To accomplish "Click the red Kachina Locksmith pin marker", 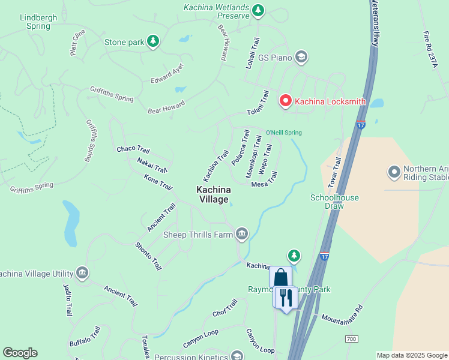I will pos(286,101).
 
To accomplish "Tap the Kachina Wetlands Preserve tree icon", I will pos(258,10).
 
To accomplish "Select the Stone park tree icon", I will pos(154,41).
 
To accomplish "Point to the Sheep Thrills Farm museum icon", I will pos(242,234).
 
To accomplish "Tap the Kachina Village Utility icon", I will pos(82,274).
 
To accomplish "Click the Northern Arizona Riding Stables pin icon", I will pos(394,173).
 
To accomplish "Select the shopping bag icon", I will pos(280,277).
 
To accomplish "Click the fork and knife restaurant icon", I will pos(286,296).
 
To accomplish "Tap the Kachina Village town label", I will pos(212,194).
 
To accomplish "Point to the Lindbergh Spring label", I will pos(38,22).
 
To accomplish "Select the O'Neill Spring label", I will pos(283,133).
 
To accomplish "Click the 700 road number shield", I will pos(352,340).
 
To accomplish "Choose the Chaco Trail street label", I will pos(133,149).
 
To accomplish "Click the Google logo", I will pos(20,353).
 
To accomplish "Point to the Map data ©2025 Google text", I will pos(411,355).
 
